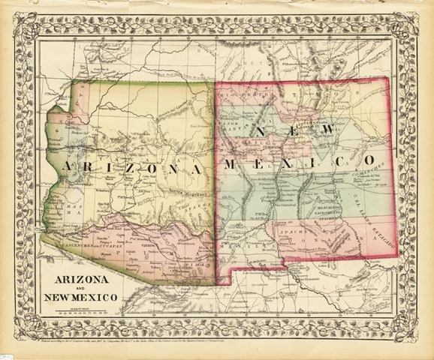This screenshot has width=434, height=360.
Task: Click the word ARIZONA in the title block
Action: click(x=80, y=279)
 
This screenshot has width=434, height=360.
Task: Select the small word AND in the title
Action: click(x=80, y=289)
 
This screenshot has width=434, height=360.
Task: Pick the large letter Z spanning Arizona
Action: click(x=127, y=167)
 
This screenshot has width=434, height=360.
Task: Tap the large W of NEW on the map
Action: click(x=324, y=132)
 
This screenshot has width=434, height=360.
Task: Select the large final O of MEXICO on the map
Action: click(x=369, y=160)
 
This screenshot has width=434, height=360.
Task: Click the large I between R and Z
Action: click(x=107, y=166)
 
